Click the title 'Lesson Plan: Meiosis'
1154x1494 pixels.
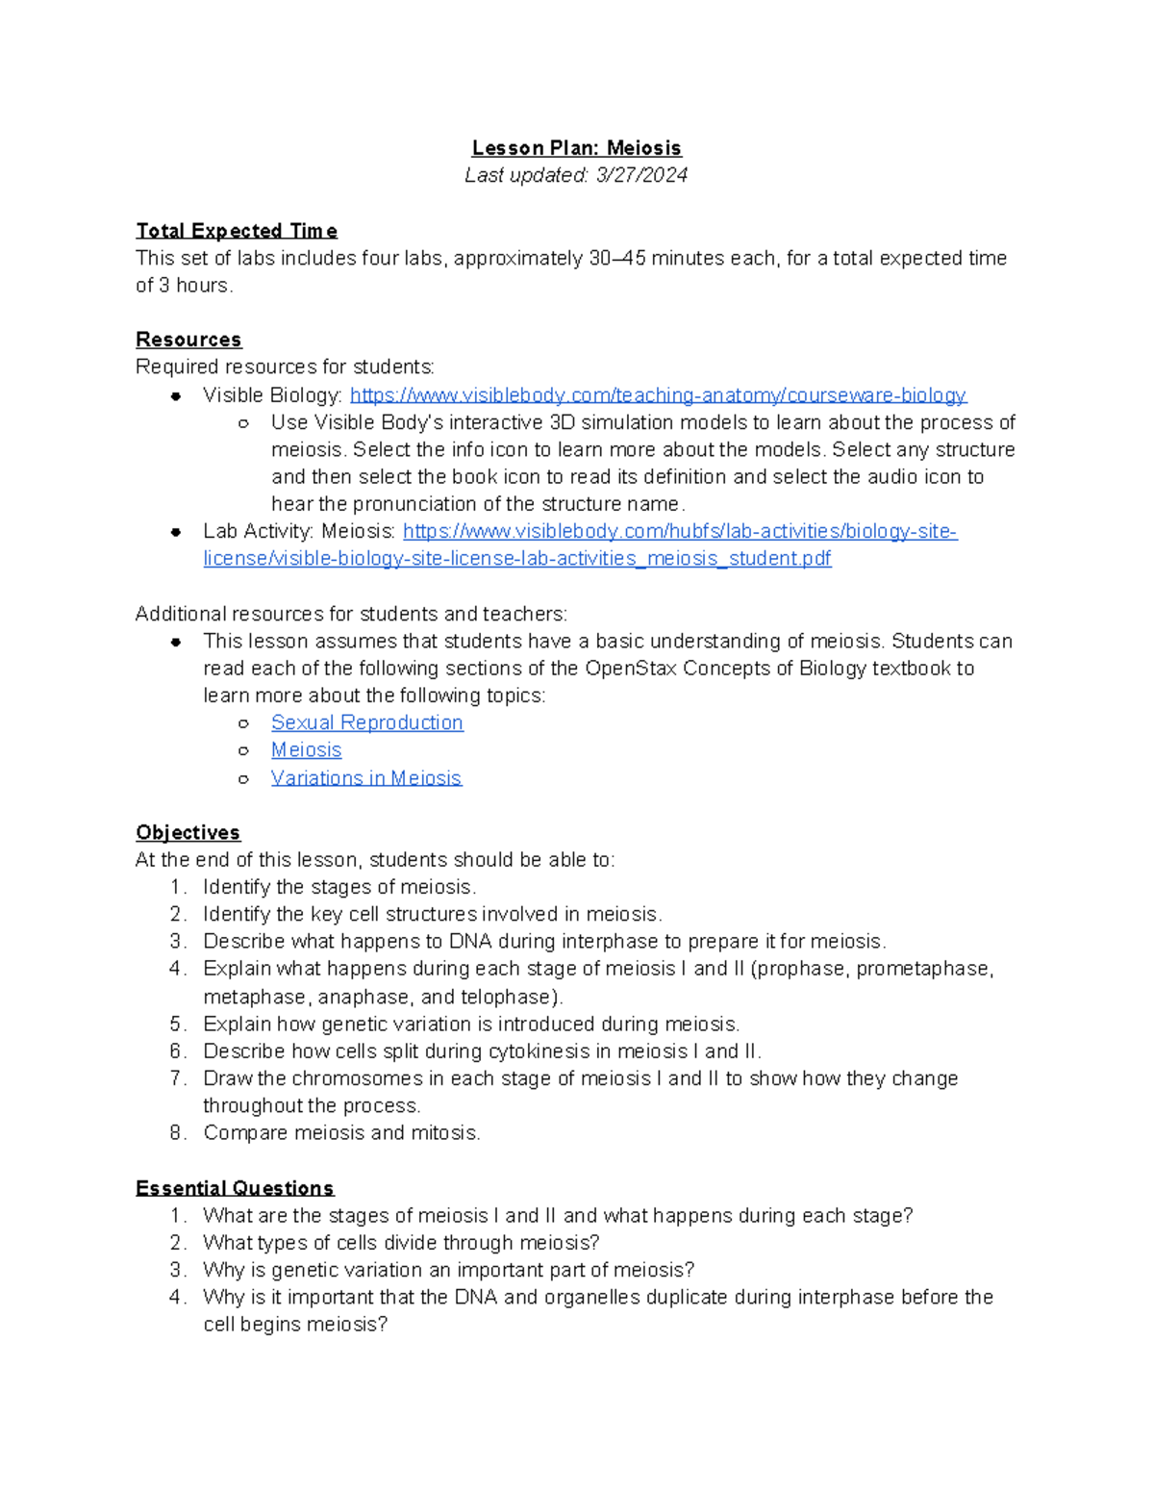pos(576,148)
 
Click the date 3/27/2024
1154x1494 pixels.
pos(641,175)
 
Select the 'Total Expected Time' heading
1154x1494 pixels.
pos(237,231)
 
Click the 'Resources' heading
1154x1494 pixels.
pos(188,340)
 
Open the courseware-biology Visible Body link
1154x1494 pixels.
pos(658,395)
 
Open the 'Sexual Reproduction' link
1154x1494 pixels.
pos(366,722)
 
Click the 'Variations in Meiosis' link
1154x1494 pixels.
pos(365,777)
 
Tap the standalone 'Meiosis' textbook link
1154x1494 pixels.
pos(306,749)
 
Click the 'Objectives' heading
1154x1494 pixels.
pos(188,832)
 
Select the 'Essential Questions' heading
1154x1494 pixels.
pos(235,1188)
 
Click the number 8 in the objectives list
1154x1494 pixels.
pos(176,1132)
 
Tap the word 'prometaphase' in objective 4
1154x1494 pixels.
pos(922,968)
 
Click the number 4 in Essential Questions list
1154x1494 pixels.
pos(176,1297)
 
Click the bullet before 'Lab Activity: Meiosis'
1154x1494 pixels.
pos(176,532)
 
